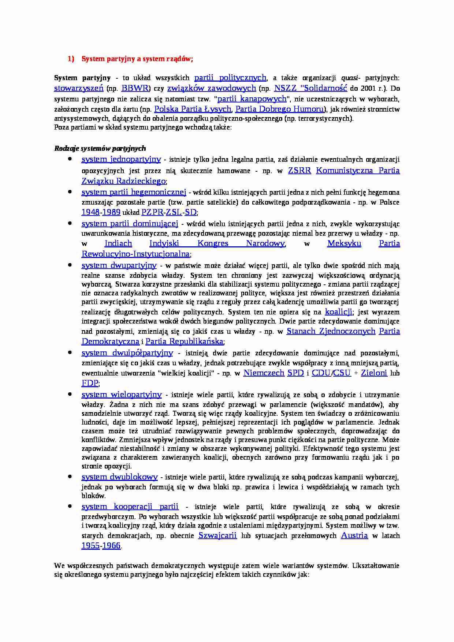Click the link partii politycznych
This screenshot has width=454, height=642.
(230, 78)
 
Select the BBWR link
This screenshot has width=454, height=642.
(134, 88)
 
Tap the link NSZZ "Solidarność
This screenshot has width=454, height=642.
(310, 88)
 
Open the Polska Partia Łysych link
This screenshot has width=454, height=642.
(193, 109)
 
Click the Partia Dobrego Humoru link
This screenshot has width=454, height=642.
(280, 109)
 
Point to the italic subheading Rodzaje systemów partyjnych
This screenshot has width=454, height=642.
(100, 148)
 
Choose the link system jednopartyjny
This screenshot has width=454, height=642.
(121, 159)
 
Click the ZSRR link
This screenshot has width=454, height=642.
(299, 171)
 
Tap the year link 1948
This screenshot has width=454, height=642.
(90, 212)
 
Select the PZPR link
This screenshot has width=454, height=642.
(152, 212)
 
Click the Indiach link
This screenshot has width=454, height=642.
(118, 244)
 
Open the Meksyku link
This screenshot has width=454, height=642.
(344, 244)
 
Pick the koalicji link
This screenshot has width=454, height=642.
(338, 312)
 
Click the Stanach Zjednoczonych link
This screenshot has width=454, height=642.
(331, 331)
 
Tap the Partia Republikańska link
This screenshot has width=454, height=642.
(184, 341)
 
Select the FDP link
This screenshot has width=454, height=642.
(90, 383)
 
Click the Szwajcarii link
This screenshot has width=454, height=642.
(217, 535)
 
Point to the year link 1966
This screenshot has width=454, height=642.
(111, 546)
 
